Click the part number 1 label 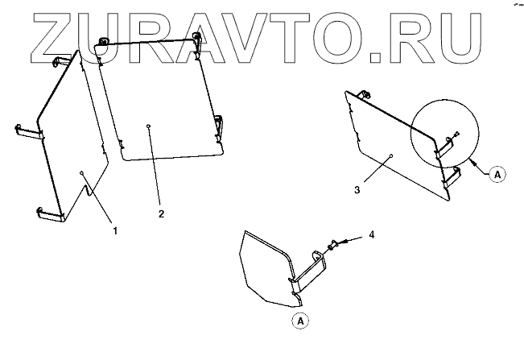pyautogui.click(x=116, y=230)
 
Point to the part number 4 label pyautogui.click(x=371, y=234)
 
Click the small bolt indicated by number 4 pyautogui.click(x=332, y=243)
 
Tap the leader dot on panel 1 pyautogui.click(x=82, y=172)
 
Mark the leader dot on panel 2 pyautogui.click(x=149, y=126)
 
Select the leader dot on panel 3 pyautogui.click(x=390, y=154)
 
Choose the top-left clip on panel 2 pyautogui.click(x=102, y=43)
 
